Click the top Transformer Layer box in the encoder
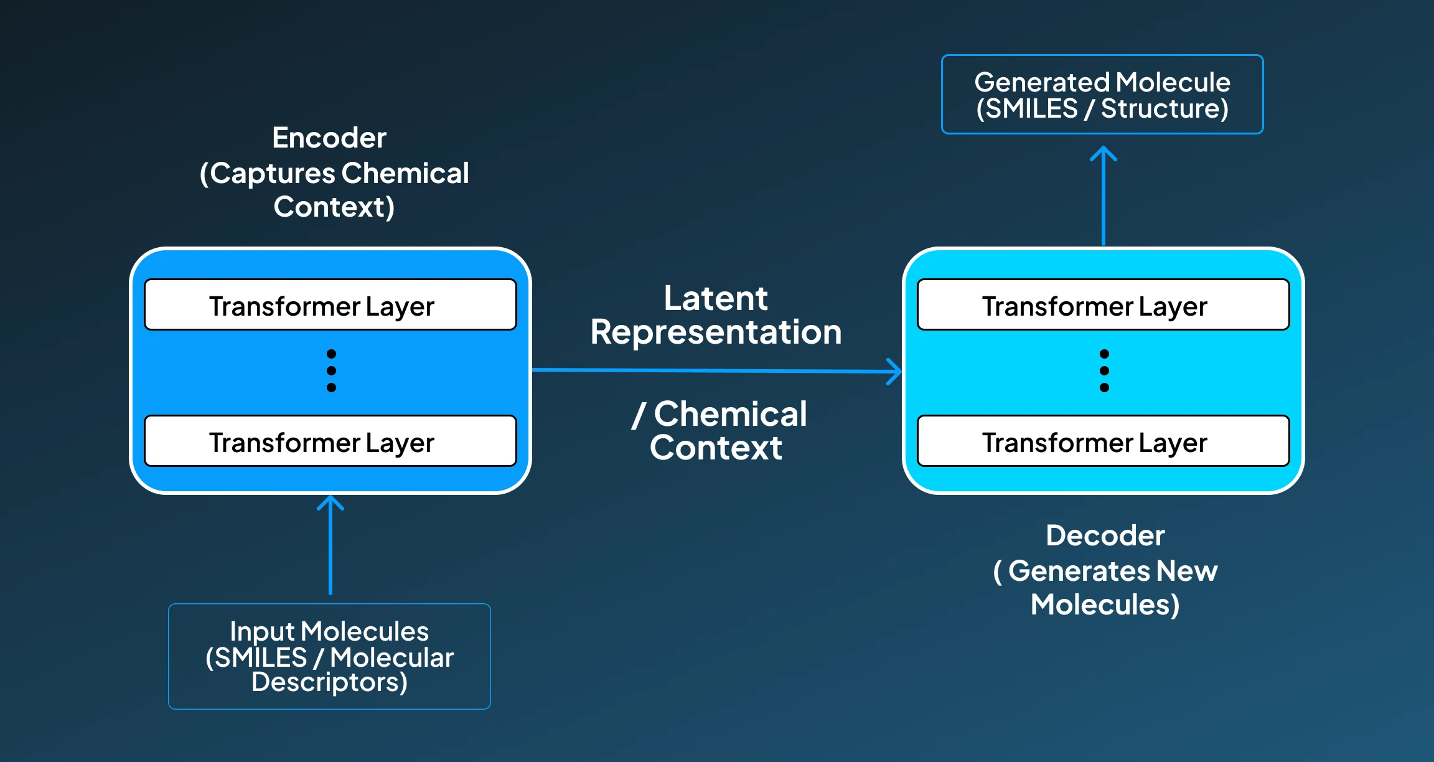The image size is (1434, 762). click(x=330, y=304)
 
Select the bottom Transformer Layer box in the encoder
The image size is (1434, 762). click(x=330, y=441)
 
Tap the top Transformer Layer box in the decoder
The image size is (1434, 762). click(x=1103, y=304)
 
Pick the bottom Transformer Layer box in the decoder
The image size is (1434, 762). click(x=1103, y=441)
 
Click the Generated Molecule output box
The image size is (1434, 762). click(x=1102, y=95)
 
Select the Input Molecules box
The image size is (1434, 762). click(x=329, y=656)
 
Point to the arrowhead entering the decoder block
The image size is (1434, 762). click(x=895, y=371)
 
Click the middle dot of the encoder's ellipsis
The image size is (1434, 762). click(x=331, y=370)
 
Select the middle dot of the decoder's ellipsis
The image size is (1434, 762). click(x=1104, y=370)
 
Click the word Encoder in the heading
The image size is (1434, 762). click(x=329, y=138)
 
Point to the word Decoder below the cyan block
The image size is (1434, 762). click(x=1105, y=535)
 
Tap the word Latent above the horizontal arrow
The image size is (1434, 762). click(x=716, y=298)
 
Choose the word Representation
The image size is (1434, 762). click(x=716, y=332)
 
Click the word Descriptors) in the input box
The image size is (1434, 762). click(x=329, y=682)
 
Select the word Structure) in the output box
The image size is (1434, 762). click(x=1165, y=109)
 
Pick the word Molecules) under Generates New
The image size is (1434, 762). click(x=1105, y=604)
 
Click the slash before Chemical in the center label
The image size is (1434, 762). click(x=639, y=415)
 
